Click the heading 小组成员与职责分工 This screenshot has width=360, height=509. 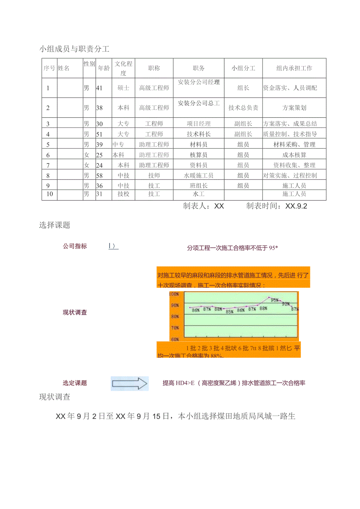click(x=74, y=49)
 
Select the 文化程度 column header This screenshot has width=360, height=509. click(x=123, y=68)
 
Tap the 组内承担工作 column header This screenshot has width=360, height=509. click(x=294, y=68)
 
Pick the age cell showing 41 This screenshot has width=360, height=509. click(x=99, y=88)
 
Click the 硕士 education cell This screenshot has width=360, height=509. click(x=123, y=88)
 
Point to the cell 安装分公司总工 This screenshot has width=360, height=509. click(x=199, y=103)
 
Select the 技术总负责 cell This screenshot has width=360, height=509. click(x=243, y=108)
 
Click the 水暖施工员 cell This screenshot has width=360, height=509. click(x=199, y=176)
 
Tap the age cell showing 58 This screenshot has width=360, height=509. click(x=99, y=176)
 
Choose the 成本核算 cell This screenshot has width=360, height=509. click(x=294, y=155)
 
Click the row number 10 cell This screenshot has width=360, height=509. click(x=50, y=194)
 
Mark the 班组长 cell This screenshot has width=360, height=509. click(x=199, y=186)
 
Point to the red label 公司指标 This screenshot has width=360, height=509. click(x=75, y=246)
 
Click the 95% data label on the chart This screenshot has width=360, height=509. click(x=275, y=300)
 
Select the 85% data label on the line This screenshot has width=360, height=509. click(x=225, y=312)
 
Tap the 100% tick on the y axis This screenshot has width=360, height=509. click(x=174, y=294)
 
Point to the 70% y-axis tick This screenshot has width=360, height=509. click(x=174, y=328)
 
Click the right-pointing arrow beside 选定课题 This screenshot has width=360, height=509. click(x=130, y=384)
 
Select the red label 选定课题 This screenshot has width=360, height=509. click(x=75, y=383)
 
